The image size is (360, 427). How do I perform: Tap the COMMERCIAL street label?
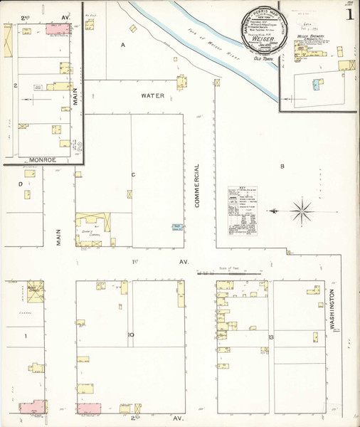click(x=197, y=185)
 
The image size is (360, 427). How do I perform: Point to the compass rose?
click(x=302, y=209)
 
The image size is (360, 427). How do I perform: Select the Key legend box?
click(x=243, y=211)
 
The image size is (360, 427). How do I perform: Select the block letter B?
click(x=282, y=167)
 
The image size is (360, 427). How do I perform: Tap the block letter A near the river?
click(x=122, y=46)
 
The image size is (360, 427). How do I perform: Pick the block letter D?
click(x=21, y=184)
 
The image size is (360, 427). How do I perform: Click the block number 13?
click(x=271, y=336)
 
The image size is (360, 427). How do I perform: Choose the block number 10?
click(x=131, y=334)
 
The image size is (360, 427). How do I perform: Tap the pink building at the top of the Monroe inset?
click(x=55, y=29)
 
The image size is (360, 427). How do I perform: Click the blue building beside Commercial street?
click(x=176, y=228)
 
